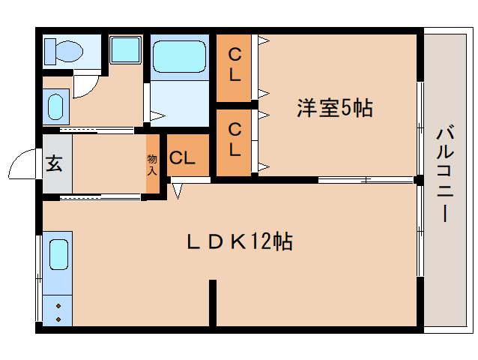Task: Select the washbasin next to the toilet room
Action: click(x=56, y=106)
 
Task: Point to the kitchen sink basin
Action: click(x=59, y=256)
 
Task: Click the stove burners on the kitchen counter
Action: click(x=58, y=311)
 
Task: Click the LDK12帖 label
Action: click(x=239, y=241)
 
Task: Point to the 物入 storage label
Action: click(x=153, y=163)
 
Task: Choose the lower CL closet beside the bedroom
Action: click(x=235, y=140)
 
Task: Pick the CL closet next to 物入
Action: click(x=182, y=157)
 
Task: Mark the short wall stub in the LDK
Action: click(x=213, y=301)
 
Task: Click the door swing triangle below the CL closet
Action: click(x=177, y=190)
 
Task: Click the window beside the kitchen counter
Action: click(x=38, y=277)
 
